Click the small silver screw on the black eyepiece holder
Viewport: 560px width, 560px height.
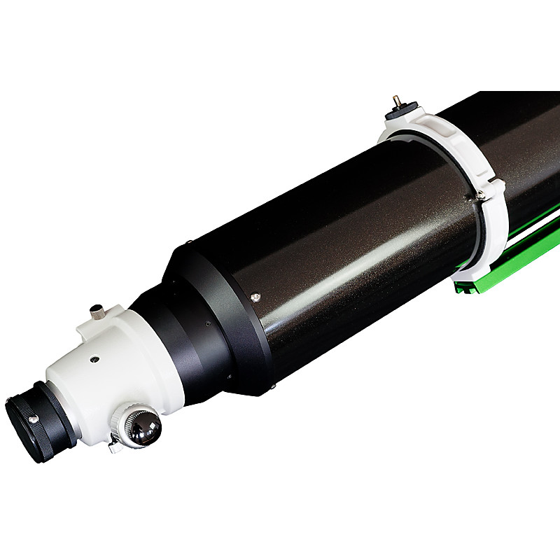click(x=33, y=419)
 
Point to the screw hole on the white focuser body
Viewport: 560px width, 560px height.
click(x=94, y=359)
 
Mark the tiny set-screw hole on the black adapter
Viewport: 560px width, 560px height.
click(x=207, y=324)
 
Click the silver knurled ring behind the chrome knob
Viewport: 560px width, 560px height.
click(x=125, y=420)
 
